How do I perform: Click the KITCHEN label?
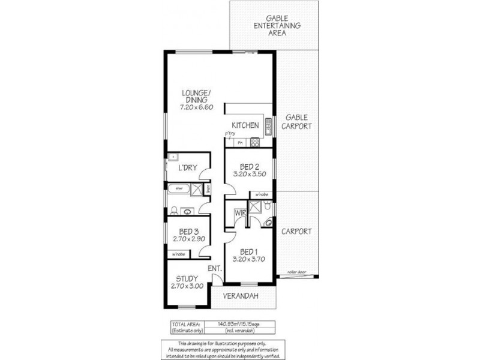point(246,125)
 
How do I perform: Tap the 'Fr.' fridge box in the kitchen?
point(240,143)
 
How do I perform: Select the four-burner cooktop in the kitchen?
point(254,143)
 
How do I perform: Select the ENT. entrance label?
point(215,269)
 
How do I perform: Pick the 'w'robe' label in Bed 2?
point(261,194)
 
